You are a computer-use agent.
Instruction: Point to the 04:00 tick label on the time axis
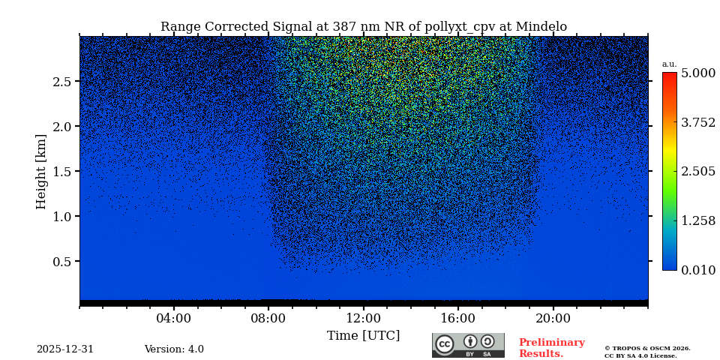tap(174, 319)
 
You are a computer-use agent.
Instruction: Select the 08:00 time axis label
tap(268, 319)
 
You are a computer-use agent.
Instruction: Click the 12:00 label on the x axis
tap(363, 319)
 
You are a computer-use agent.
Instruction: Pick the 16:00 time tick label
tap(457, 319)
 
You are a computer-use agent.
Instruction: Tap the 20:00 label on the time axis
tap(553, 319)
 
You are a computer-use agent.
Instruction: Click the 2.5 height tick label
tap(62, 82)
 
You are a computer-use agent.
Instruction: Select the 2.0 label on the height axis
tap(62, 127)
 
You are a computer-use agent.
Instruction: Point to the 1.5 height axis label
tap(62, 172)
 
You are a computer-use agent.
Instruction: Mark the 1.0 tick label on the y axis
tap(62, 217)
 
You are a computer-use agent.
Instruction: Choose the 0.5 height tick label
tap(62, 262)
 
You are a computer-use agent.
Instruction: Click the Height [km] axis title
tap(41, 172)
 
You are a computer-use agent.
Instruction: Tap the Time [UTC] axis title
tap(363, 336)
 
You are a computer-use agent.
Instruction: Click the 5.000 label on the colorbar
tap(698, 73)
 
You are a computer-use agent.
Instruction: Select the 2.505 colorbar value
tap(698, 172)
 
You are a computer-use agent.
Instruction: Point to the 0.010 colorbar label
tap(698, 271)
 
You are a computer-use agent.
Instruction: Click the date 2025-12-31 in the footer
tap(65, 349)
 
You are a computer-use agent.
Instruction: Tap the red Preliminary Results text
tap(551, 348)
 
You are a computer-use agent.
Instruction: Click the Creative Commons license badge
tap(468, 345)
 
